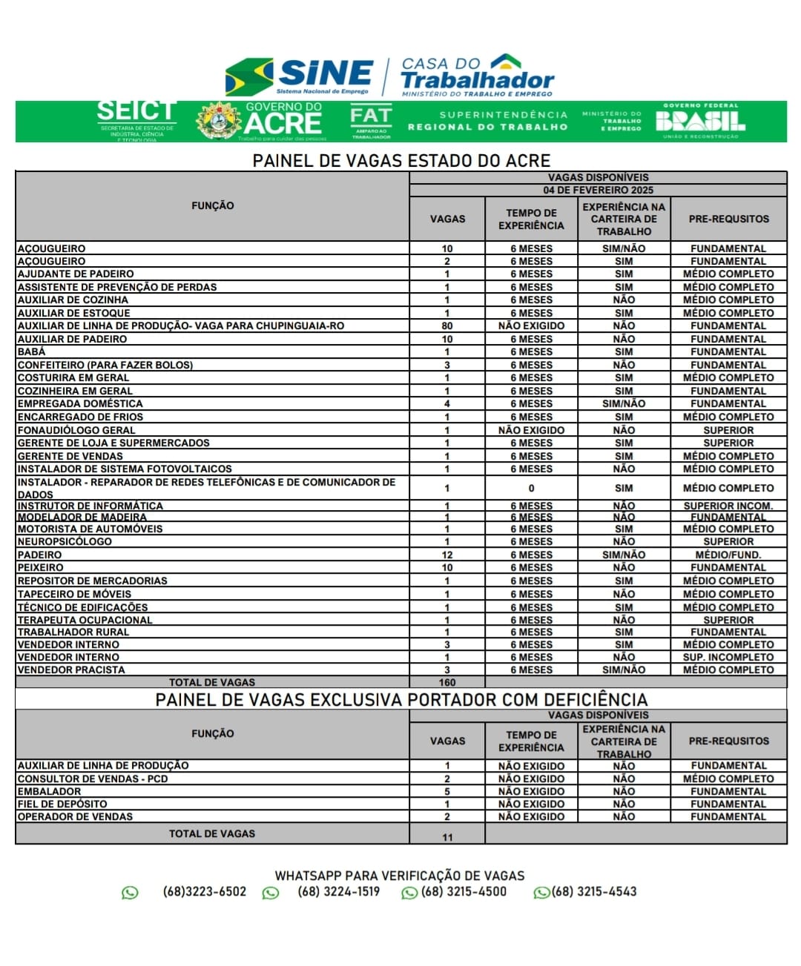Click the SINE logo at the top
coord(300,76)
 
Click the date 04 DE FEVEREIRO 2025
coord(598,190)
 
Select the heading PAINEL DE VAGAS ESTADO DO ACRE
coord(401,161)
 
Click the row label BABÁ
coord(31,351)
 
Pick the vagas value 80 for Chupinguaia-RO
coord(447,325)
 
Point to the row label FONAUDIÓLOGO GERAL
coord(76,430)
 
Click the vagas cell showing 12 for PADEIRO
coord(447,555)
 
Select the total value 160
coord(447,682)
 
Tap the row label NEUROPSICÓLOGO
coord(65,541)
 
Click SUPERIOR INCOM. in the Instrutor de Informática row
coord(728,506)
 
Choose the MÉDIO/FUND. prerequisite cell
coord(728,555)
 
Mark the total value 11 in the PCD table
coord(447,837)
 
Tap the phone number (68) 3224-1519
coord(338,891)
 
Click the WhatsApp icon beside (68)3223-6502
coord(130,893)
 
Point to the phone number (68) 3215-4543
coord(593,891)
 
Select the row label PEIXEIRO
coord(40,567)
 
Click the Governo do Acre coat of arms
coord(218,121)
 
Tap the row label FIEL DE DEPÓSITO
coord(62,804)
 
